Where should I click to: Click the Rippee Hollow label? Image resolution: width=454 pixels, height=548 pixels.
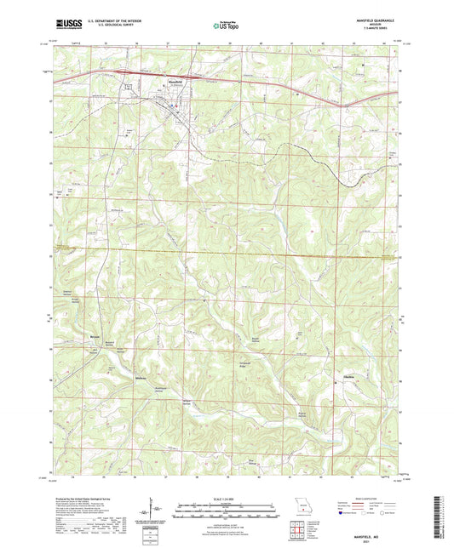[302, 415]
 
